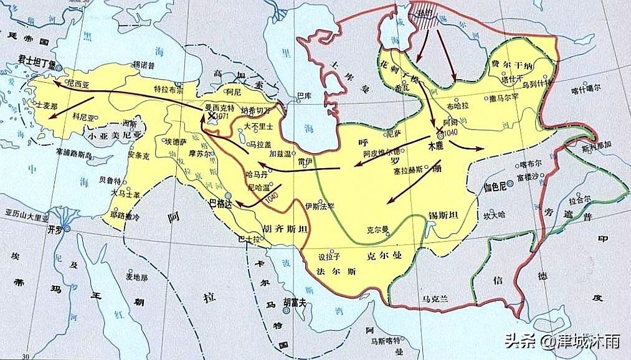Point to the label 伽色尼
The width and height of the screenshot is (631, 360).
(x=496, y=186)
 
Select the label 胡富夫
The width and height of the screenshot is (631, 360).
(x=294, y=302)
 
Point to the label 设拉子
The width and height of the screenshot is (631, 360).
(x=328, y=255)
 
